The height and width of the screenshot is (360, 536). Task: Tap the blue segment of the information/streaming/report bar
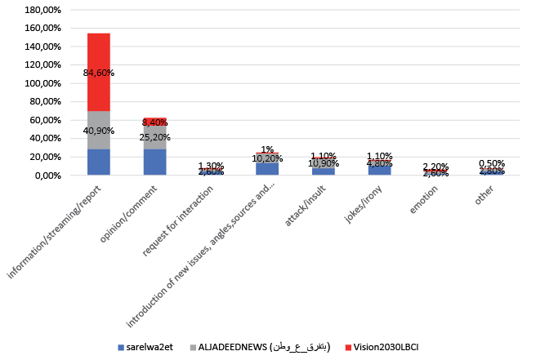pos(99,162)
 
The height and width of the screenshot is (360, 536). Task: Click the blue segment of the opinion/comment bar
pos(154,162)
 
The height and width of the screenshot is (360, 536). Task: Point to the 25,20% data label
pos(154,136)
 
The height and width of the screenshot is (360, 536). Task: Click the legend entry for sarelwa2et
pos(148,347)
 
